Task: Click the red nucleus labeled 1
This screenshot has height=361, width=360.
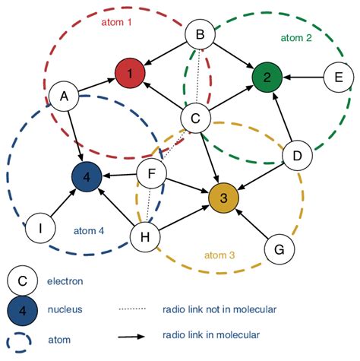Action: point(130,74)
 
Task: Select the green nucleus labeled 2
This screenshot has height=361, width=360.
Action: point(267,76)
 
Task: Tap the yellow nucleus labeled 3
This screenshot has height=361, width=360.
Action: point(223,198)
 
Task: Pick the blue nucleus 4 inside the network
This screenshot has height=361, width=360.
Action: point(87,178)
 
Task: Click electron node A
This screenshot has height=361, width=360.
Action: point(64,96)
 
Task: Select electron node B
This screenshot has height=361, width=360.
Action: point(201,34)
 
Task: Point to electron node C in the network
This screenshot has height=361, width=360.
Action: point(194,118)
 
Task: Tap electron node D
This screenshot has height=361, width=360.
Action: point(297,156)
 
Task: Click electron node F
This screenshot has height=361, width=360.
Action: point(152,175)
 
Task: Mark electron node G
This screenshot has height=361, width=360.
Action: point(279,249)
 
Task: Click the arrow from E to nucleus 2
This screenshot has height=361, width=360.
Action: point(302,76)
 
